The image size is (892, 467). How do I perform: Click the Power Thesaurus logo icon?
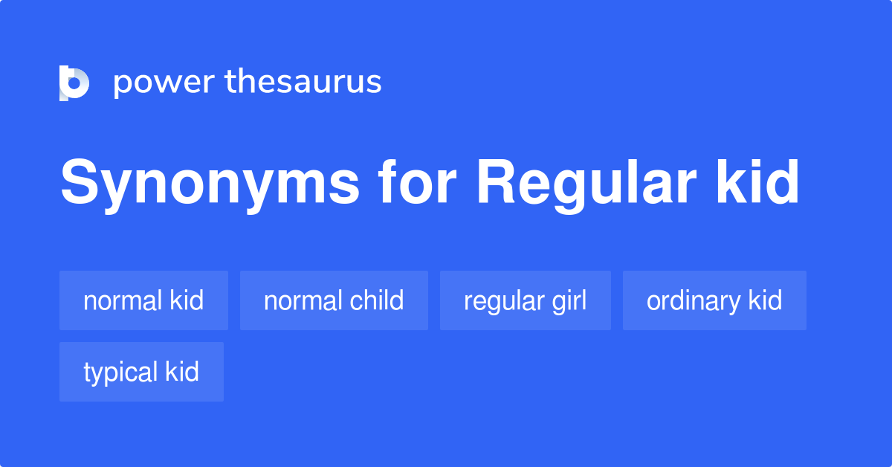click(x=74, y=83)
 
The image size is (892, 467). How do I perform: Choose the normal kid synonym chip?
click(x=143, y=300)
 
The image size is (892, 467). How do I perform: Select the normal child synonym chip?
click(x=334, y=300)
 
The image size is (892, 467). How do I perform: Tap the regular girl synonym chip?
click(x=525, y=300)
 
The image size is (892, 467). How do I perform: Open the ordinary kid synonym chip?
click(x=714, y=300)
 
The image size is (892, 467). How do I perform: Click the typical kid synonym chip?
click(x=141, y=372)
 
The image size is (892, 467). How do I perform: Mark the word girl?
click(x=569, y=301)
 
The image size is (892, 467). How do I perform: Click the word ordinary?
click(x=694, y=301)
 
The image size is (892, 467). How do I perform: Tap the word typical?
click(x=120, y=373)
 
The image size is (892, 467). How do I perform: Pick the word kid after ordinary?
click(x=765, y=300)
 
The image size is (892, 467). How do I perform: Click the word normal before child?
click(x=297, y=300)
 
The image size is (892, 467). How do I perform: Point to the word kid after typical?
click(x=182, y=372)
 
